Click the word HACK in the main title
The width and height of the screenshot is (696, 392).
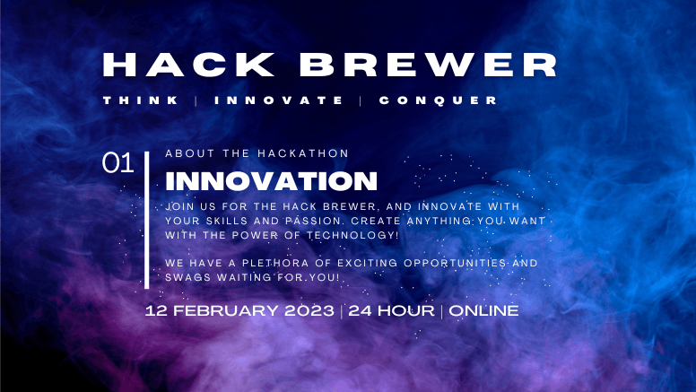click(x=188, y=65)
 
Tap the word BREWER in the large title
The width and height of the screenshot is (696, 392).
click(x=428, y=65)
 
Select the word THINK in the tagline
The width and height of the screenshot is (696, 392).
click(x=141, y=100)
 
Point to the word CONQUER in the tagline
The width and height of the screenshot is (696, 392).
click(x=438, y=100)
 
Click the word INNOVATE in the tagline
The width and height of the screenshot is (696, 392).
click(x=279, y=100)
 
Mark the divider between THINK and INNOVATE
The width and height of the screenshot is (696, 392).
click(x=196, y=100)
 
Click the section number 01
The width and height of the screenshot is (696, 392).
click(x=117, y=162)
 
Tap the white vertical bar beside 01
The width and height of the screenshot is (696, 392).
click(x=146, y=220)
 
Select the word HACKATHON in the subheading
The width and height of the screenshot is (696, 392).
click(x=303, y=153)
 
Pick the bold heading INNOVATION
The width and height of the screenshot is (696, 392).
click(x=271, y=181)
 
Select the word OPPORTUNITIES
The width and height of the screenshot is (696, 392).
click(x=455, y=263)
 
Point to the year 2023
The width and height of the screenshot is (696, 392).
click(x=309, y=310)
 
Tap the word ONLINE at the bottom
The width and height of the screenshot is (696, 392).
click(x=483, y=310)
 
